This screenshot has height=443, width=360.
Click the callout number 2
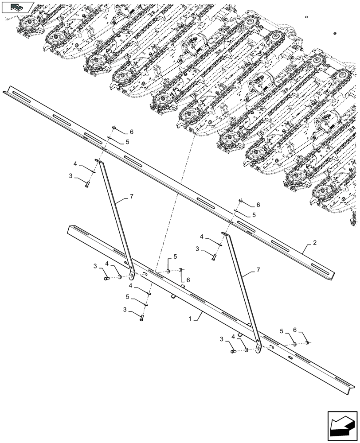(x=314, y=242)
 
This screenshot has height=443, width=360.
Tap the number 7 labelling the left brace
(x=132, y=196)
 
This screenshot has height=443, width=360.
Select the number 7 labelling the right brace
(x=258, y=269)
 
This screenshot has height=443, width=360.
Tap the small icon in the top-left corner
(x=17, y=7)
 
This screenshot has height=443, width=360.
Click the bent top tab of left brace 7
(x=98, y=162)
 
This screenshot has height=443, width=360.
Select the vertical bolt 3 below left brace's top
(x=88, y=183)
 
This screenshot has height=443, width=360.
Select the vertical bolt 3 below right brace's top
(x=214, y=256)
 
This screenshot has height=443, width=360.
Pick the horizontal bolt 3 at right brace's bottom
(x=233, y=351)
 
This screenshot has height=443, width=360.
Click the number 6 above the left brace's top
(x=131, y=132)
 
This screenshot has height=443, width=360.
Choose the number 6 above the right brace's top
(x=258, y=205)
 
